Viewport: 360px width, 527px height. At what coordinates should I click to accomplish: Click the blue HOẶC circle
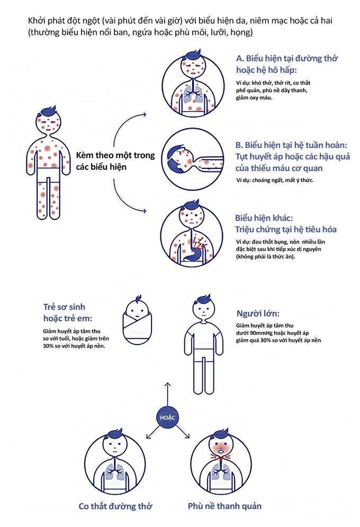pyautogui.click(x=167, y=417)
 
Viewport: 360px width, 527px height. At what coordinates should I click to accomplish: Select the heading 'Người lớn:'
pyautogui.click(x=258, y=314)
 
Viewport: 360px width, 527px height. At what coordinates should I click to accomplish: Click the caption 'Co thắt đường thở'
pyautogui.click(x=115, y=506)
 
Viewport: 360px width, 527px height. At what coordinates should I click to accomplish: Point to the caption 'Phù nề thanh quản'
pyautogui.click(x=224, y=506)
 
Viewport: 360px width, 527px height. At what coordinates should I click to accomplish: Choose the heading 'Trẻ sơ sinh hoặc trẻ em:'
pyautogui.click(x=68, y=313)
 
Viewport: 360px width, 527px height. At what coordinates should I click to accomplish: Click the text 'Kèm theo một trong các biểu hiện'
pyautogui.click(x=115, y=161)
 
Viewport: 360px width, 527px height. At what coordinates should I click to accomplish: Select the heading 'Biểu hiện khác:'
pyautogui.click(x=264, y=218)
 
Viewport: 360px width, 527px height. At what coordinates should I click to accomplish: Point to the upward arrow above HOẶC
pyautogui.click(x=168, y=394)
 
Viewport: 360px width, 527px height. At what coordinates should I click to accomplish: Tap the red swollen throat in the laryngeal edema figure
pyautogui.click(x=220, y=459)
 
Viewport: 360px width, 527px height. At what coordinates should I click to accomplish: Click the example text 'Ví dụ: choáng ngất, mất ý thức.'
pyautogui.click(x=275, y=180)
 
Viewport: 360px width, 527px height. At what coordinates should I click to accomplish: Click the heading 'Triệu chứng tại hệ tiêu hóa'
pyautogui.click(x=286, y=230)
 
